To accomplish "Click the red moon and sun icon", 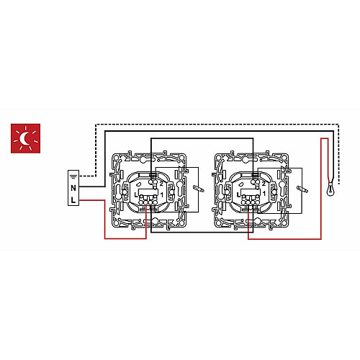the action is (x=25, y=138).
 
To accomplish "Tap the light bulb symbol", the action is (x=331, y=189).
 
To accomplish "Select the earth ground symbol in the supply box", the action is (x=73, y=177).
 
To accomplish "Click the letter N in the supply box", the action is (x=73, y=188).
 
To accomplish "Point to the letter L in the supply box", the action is (x=73, y=199).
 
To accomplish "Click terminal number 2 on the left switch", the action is (x=161, y=184).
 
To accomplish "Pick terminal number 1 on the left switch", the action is (x=162, y=195).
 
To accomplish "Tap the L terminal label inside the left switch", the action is (x=136, y=195).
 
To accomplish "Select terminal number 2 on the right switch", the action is (x=264, y=184).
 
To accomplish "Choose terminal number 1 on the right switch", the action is (x=264, y=194).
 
